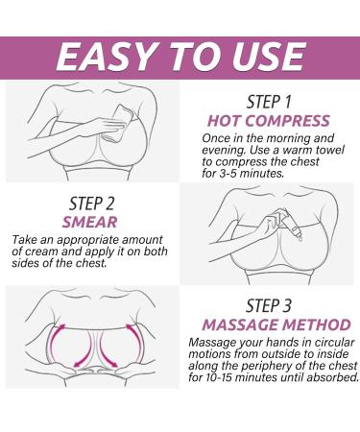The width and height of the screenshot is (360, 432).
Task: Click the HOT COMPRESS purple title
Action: [268, 120]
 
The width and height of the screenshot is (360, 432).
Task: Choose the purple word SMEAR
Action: [92, 222]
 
